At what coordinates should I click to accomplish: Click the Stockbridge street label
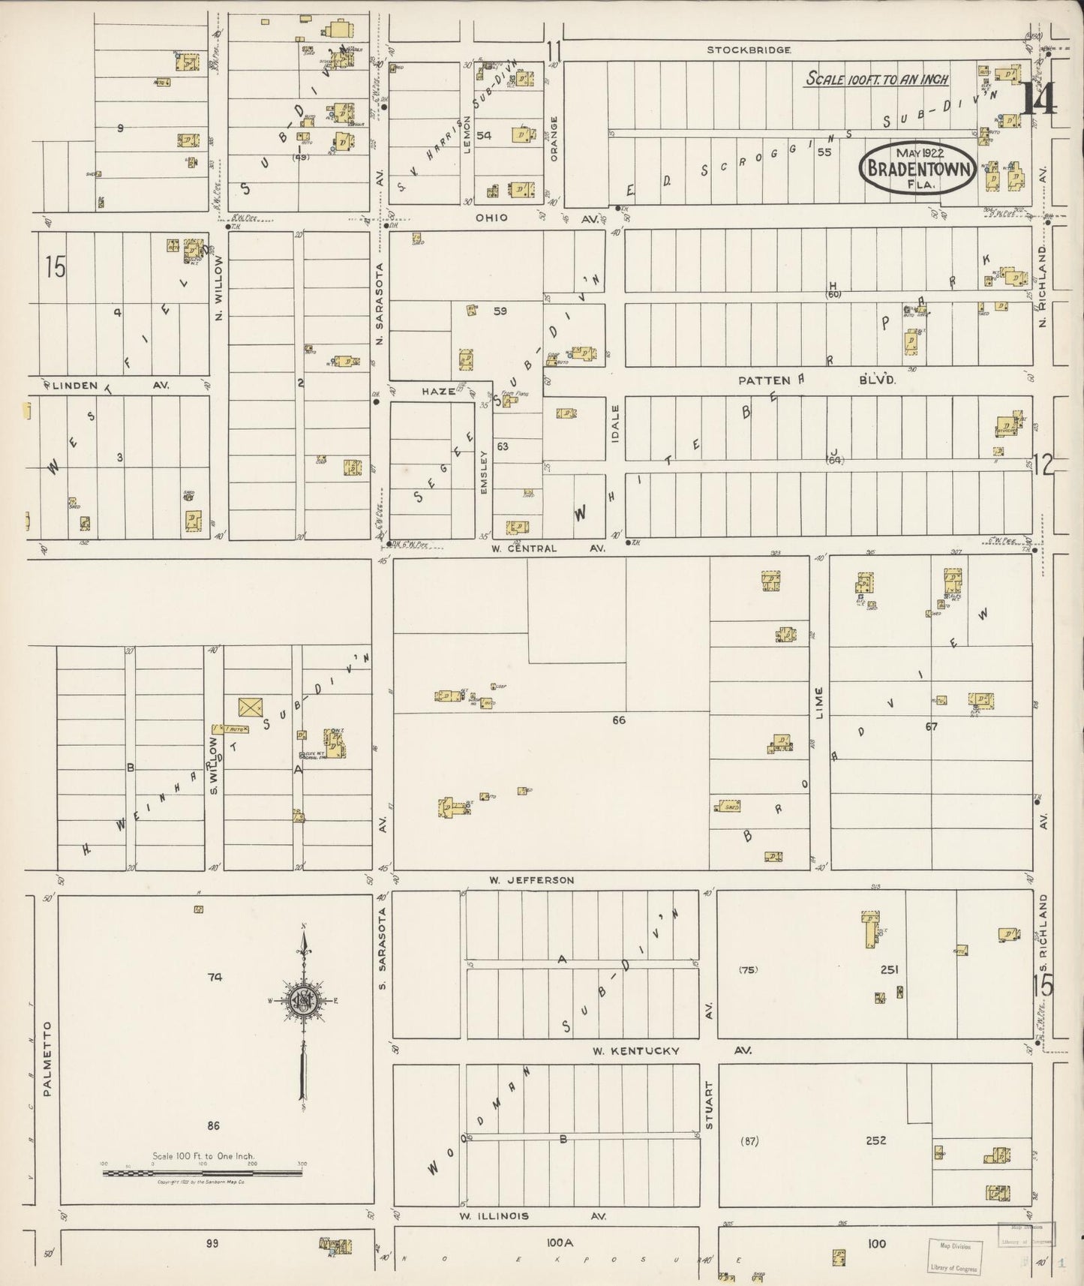tap(749, 50)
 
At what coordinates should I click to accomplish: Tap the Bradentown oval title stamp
tap(918, 169)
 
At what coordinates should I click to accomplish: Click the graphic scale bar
tap(202, 1172)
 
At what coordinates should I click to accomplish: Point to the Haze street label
tap(438, 391)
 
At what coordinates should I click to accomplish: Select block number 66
tap(618, 720)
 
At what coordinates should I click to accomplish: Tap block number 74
tap(216, 977)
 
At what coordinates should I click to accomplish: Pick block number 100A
tap(559, 1243)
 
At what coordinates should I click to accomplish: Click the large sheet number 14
tap(1039, 100)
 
